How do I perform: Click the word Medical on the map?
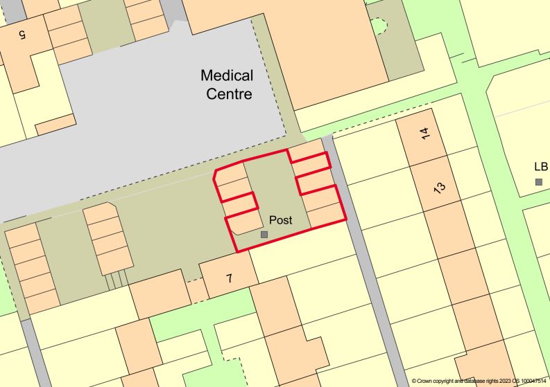[227, 75]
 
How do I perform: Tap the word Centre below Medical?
[229, 94]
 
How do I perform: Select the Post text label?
[280, 220]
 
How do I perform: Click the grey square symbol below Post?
[264, 235]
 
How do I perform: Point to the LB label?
[541, 166]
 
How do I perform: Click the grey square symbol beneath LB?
[539, 181]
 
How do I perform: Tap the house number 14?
[424, 133]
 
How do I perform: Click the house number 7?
[229, 278]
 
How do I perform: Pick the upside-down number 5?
[22, 33]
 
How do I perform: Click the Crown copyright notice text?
[478, 381]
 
